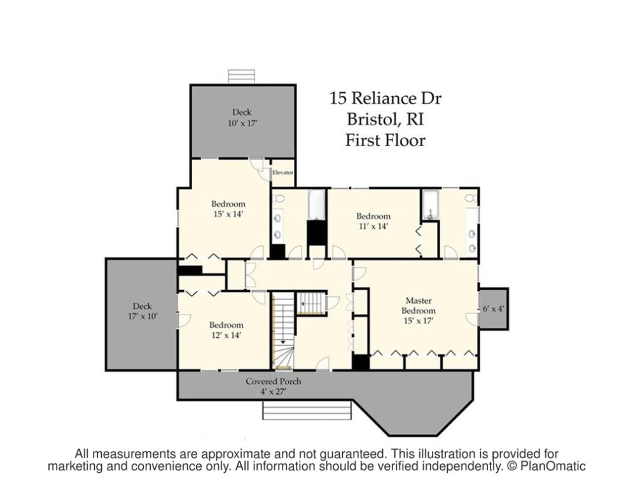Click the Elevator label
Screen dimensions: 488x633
(282, 172)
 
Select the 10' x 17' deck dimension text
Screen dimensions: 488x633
(242, 123)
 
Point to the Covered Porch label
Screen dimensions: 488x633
(273, 381)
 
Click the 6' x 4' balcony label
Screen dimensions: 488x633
(493, 309)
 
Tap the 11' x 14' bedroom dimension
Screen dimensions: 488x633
(373, 226)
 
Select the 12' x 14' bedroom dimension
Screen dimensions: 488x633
(226, 334)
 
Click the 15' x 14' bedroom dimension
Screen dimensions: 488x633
(228, 214)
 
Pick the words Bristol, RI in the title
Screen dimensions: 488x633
(385, 119)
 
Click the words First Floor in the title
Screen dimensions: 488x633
(385, 140)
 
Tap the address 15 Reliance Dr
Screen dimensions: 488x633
(385, 98)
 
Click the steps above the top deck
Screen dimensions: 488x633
(242, 76)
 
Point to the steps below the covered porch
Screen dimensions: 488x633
(307, 410)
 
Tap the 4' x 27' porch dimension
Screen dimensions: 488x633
(273, 391)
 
